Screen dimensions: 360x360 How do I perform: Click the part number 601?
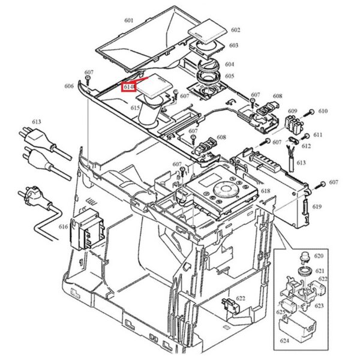point(129,20)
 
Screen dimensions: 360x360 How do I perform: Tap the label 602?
point(235,30)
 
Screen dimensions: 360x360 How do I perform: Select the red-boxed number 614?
point(129,88)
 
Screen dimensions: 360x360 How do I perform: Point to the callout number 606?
point(70,86)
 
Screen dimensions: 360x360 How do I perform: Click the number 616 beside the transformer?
point(64,226)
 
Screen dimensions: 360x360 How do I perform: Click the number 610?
point(323,112)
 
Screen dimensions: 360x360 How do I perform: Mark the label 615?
point(136,108)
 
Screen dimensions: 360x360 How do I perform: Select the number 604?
point(230,64)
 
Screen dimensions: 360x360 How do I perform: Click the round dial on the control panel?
point(223,191)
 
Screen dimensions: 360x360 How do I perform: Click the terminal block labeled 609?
point(293,124)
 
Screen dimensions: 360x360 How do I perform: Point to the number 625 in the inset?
point(280,312)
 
